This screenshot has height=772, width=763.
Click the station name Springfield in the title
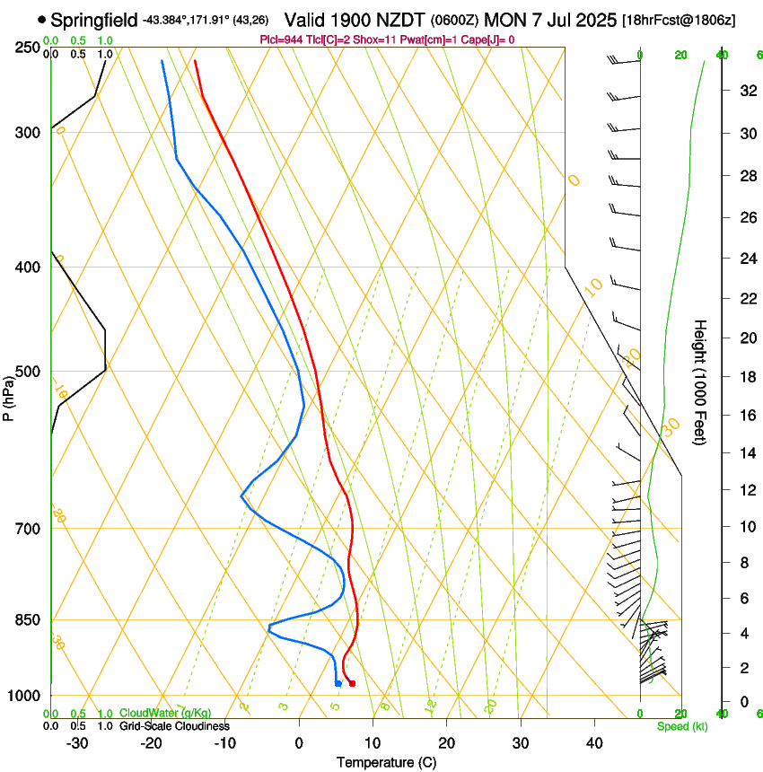(x=94, y=20)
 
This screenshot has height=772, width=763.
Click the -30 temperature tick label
(x=77, y=742)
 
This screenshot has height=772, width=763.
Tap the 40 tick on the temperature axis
(x=594, y=742)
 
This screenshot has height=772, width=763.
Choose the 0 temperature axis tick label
(x=300, y=742)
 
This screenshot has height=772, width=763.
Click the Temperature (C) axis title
(x=386, y=762)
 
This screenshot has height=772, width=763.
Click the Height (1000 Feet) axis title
(x=701, y=382)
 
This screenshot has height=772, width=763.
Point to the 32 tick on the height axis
(x=745, y=91)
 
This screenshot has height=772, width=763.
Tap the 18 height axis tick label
(x=745, y=377)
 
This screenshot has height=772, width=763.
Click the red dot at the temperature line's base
(x=352, y=684)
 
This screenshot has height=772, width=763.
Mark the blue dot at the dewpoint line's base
(x=338, y=684)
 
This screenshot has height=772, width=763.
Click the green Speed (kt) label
(x=681, y=726)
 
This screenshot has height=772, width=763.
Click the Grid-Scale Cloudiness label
(x=174, y=726)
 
